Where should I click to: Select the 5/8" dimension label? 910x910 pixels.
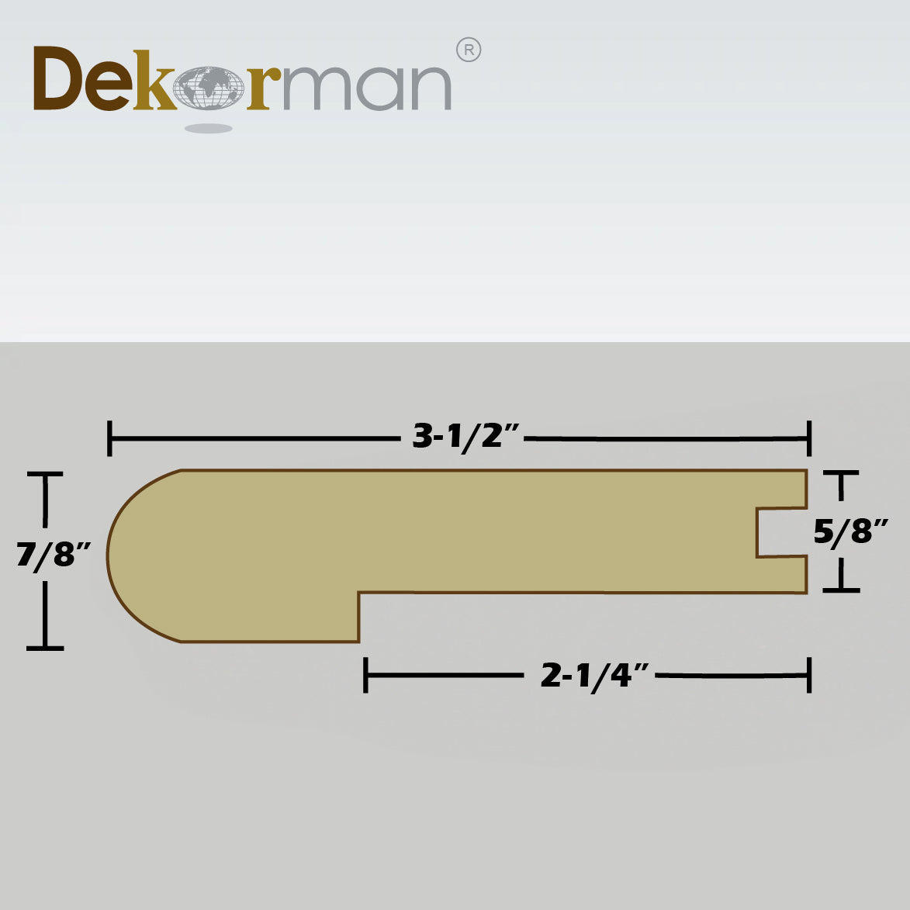(849, 532)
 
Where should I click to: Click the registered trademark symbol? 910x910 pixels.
(469, 50)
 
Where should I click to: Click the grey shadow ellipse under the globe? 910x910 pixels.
(209, 128)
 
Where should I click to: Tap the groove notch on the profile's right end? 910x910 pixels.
(780, 532)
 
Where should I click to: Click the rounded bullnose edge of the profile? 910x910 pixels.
(124, 555)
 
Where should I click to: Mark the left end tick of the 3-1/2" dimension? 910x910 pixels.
(111, 438)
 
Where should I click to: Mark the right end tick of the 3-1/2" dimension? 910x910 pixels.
(809, 438)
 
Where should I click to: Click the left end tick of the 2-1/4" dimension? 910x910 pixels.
(365, 676)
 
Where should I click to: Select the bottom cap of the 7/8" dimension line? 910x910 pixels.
(45, 647)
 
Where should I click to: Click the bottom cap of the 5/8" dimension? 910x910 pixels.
(841, 590)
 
